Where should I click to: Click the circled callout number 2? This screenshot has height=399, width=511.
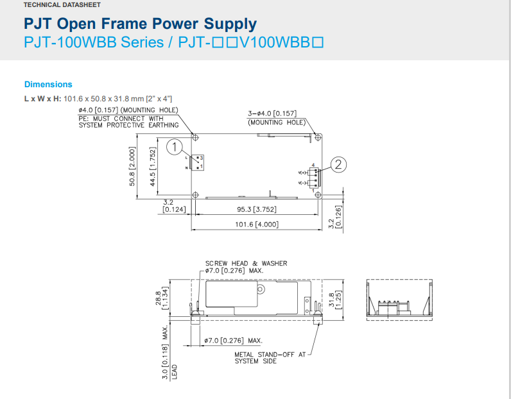tap(340, 165)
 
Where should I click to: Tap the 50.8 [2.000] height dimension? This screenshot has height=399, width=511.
tap(133, 166)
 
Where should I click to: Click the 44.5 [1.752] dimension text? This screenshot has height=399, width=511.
tap(153, 166)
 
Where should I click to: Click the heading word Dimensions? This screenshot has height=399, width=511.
tap(48, 84)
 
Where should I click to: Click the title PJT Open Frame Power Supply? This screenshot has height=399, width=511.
tap(140, 24)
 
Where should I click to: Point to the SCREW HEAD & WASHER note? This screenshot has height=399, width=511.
tap(246, 263)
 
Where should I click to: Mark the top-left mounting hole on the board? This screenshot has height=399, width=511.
tap(196, 137)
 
